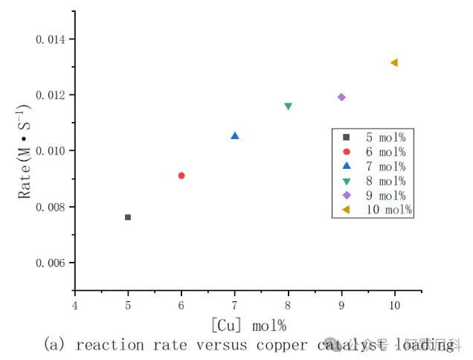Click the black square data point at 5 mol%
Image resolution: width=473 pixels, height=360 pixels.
pos(128,217)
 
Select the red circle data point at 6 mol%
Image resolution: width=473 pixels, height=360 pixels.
pos(181,176)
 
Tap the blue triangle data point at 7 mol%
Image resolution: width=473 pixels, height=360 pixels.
pos(235,135)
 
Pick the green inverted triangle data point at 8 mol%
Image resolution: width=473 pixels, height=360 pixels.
pos(289,106)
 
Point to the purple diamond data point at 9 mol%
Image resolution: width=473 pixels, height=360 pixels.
pos(341,97)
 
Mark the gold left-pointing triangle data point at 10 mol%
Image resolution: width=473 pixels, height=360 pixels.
pos(394,62)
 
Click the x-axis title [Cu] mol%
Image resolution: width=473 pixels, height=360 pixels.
pos(248,325)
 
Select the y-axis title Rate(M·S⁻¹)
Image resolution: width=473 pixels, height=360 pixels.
pos(25,151)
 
